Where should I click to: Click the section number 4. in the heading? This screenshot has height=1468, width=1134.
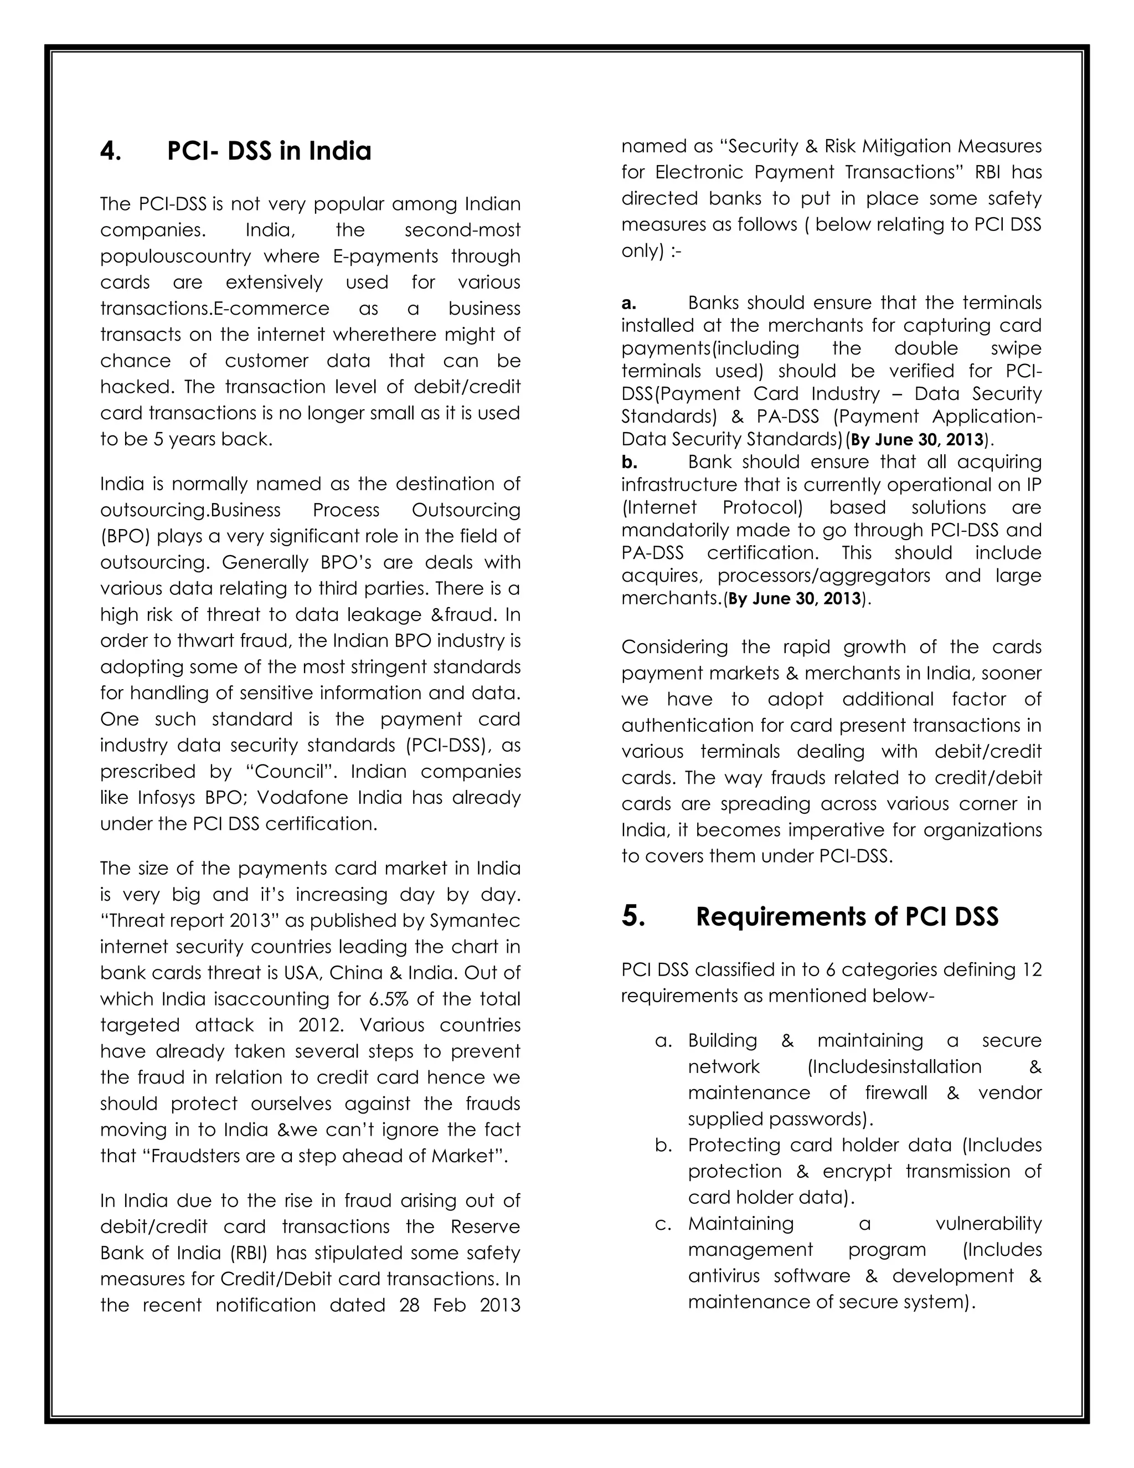tap(110, 151)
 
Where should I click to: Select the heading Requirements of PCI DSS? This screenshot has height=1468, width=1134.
tap(847, 917)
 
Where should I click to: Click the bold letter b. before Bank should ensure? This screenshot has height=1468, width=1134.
tap(629, 463)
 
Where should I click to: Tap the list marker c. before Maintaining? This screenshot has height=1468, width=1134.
tap(663, 1224)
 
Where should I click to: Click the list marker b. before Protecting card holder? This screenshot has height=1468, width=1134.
tap(663, 1146)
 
